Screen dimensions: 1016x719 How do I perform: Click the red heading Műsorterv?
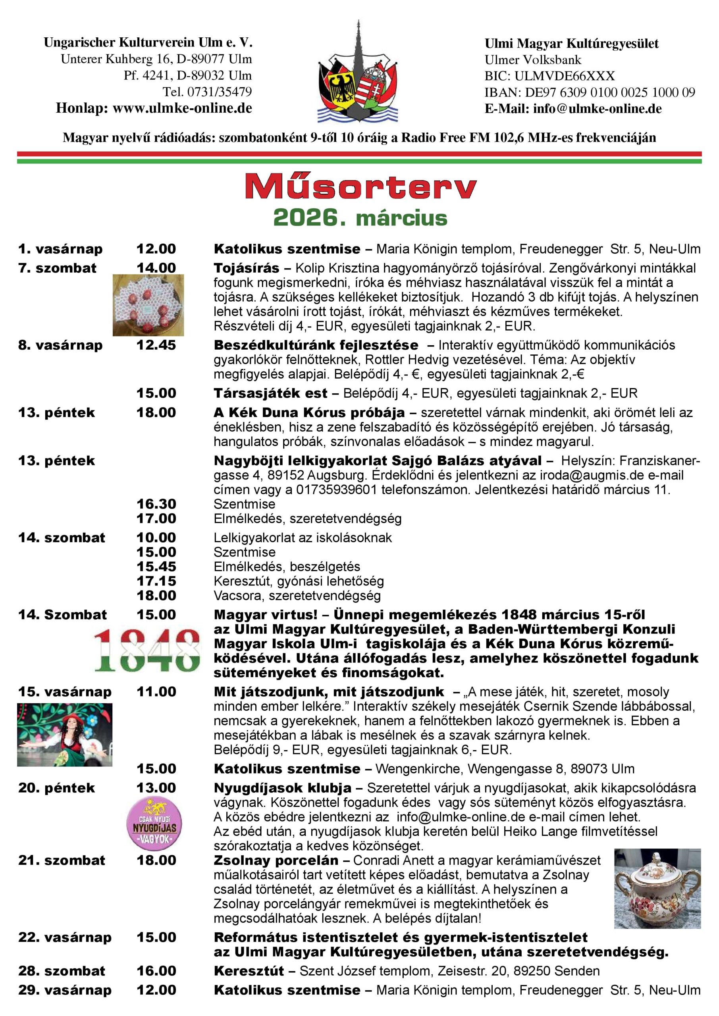360,187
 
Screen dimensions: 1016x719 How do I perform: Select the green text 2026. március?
360,218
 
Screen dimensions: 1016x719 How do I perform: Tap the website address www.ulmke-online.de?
182,108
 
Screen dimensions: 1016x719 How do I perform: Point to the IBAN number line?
590,92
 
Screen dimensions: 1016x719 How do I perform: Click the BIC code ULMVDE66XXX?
565,76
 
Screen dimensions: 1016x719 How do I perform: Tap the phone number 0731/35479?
220,92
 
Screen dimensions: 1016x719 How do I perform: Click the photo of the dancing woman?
65,735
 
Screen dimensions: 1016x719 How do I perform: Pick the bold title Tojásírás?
246,268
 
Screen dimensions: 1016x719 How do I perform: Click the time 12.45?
156,345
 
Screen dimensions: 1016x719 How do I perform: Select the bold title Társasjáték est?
270,393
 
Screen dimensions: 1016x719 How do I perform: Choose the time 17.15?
156,581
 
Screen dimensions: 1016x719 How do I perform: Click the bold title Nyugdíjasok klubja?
282,788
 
